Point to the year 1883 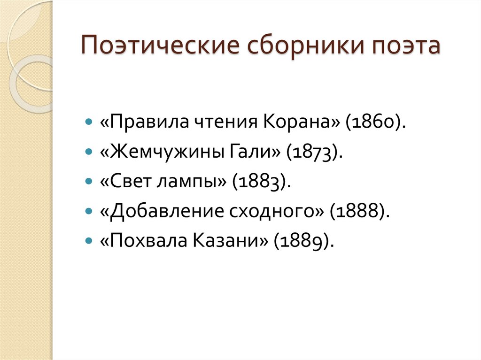coord(258,181)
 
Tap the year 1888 coord(359,211)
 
